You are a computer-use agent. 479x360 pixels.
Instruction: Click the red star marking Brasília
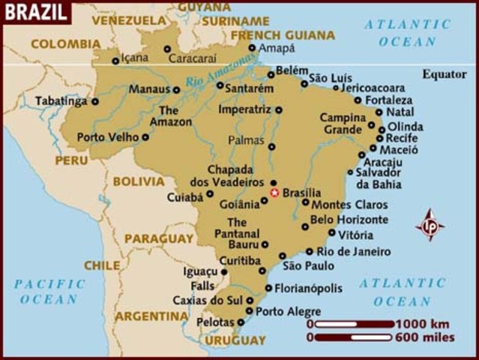(274, 193)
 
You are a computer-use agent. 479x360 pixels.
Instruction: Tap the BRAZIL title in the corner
(35, 12)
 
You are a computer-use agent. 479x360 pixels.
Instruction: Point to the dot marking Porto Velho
(145, 137)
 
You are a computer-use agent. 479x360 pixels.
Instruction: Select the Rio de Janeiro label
(354, 251)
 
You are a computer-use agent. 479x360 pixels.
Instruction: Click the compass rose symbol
(430, 224)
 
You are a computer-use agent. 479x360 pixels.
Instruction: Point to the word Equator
(445, 73)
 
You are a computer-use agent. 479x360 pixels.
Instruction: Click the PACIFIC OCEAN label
(49, 291)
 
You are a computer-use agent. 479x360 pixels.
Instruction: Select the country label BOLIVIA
(139, 181)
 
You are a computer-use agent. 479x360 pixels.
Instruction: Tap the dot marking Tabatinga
(95, 101)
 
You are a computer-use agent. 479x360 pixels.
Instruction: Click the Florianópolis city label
(308, 288)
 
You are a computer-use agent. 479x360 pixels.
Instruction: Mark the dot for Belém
(271, 74)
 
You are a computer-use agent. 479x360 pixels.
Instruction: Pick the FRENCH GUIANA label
(283, 34)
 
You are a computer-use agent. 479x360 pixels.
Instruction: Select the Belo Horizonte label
(349, 220)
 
